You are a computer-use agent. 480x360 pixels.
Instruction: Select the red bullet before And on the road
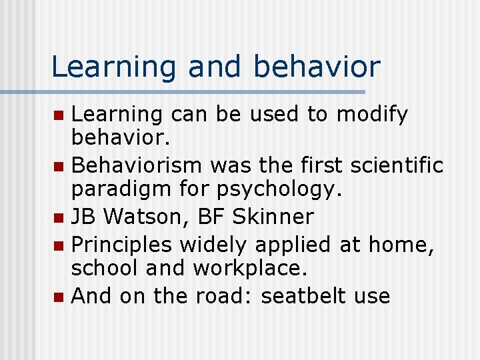[x=61, y=296]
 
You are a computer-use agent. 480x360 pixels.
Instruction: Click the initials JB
[x=83, y=217]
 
